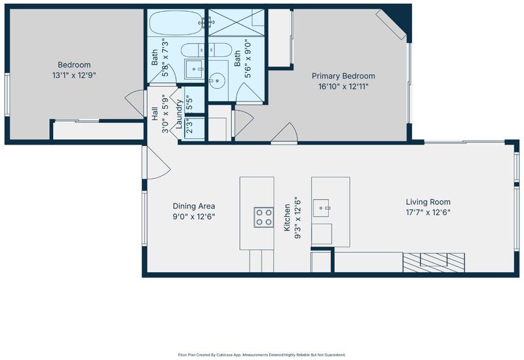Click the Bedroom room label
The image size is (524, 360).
coord(74,65)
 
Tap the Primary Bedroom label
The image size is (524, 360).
coord(343,76)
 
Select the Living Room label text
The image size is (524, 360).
coord(428,202)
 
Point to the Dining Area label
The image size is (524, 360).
coord(194,206)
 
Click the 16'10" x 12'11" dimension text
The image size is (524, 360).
coord(343,87)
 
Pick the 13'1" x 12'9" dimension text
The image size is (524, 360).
coord(74,75)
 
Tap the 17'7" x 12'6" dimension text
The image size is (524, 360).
coord(428,213)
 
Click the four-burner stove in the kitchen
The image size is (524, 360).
coord(264,217)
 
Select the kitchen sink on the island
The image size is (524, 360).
coord(321,208)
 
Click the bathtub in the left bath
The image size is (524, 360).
coord(176,23)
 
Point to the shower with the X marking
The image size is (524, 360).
coord(236,22)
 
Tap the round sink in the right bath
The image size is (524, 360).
coord(217,80)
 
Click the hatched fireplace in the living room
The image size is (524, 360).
coord(434,262)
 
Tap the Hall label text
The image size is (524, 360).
coord(155,114)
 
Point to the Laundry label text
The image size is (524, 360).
coord(179,114)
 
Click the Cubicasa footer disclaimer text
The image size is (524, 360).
coord(262,355)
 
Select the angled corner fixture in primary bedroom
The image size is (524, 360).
coord(391,24)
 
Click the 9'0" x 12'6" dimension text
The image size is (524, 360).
coord(194,217)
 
